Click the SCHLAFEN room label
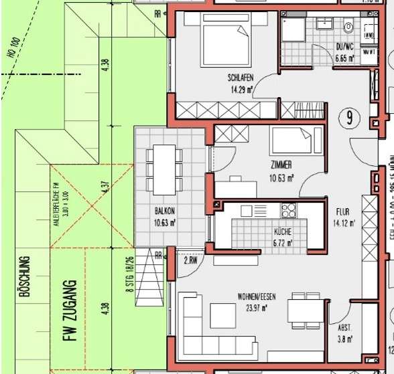pyautogui.click(x=240, y=78)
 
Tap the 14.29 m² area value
pyautogui.click(x=240, y=88)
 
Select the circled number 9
pyautogui.click(x=350, y=118)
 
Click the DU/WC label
pyautogui.click(x=344, y=48)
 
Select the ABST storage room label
pyautogui.click(x=343, y=328)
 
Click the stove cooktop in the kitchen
pyautogui.click(x=288, y=210)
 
